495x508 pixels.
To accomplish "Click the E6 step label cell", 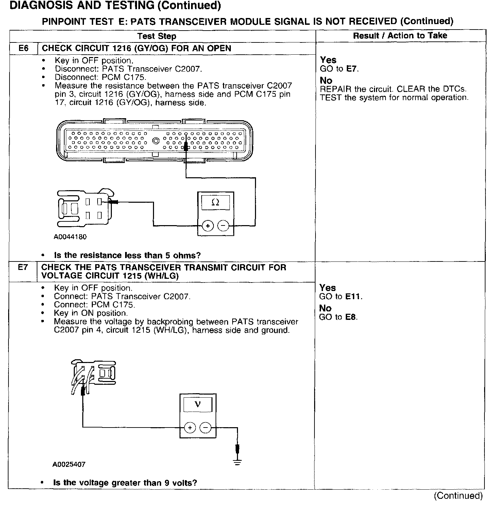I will (23, 48).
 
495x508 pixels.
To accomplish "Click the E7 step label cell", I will (22, 268).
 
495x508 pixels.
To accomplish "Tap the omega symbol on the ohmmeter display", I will (215, 203).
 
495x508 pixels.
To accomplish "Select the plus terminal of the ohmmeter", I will (208, 225).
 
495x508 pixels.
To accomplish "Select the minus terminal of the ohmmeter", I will (223, 225).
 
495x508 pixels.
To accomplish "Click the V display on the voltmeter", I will (197, 404).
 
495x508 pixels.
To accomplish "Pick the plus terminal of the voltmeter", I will (190, 427).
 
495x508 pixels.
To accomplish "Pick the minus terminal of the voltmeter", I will (205, 427).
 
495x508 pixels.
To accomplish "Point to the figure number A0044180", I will (70, 237).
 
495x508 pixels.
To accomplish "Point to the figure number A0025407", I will (69, 464).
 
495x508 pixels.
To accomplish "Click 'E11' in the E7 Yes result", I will (353, 296).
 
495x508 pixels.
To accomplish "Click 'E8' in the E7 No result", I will (351, 317).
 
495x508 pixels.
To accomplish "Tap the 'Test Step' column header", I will (157, 36).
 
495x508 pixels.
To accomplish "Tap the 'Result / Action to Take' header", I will (400, 36).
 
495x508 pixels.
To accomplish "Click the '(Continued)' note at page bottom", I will (458, 496).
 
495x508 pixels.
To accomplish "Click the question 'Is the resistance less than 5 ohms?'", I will (127, 255).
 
